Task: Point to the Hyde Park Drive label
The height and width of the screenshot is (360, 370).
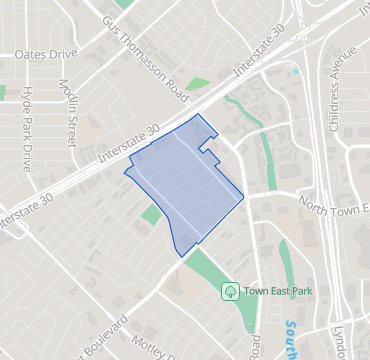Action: pyautogui.click(x=26, y=118)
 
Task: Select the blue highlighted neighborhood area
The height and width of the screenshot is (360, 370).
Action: pyautogui.click(x=185, y=185)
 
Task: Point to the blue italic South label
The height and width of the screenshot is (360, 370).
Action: pyautogui.click(x=291, y=338)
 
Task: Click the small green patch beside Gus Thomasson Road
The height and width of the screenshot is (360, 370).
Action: pyautogui.click(x=198, y=84)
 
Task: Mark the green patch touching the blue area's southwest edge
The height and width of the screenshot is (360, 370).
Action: pyautogui.click(x=152, y=214)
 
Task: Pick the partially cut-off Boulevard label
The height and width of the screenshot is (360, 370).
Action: pyautogui.click(x=100, y=338)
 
